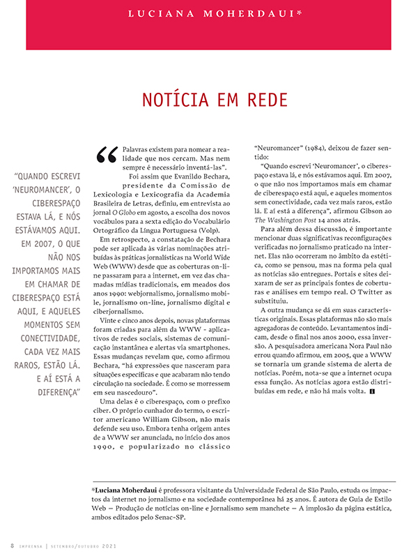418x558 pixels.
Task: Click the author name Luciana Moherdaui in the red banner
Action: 210,13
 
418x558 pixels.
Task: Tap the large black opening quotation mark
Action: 108,155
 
